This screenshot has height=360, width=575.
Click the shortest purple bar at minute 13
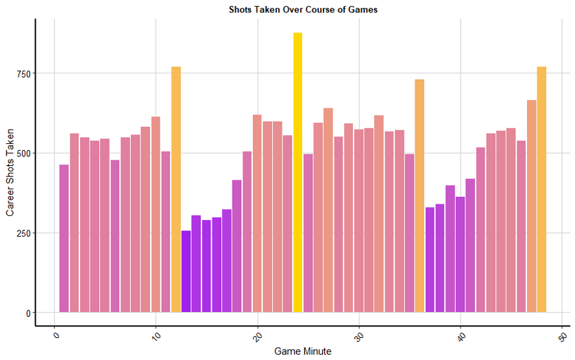click(x=186, y=272)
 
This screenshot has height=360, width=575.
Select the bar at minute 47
click(x=531, y=206)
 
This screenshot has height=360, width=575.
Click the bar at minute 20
click(x=257, y=213)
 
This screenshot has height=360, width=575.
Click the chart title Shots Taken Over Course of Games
click(x=303, y=10)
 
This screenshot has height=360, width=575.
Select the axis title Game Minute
click(x=303, y=351)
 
